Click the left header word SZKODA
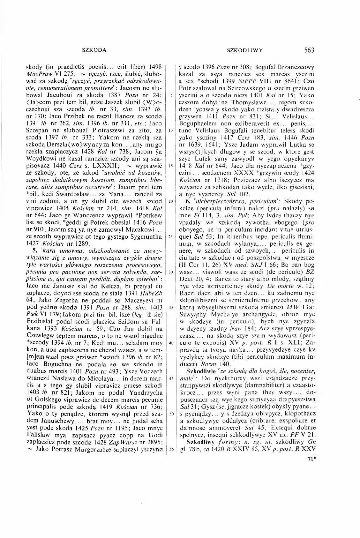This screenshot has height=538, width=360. point(94,50)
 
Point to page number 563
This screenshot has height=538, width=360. point(309,50)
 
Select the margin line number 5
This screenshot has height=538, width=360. point(171,95)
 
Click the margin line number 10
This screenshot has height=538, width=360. point(171,131)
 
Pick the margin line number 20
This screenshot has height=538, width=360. point(171,201)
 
